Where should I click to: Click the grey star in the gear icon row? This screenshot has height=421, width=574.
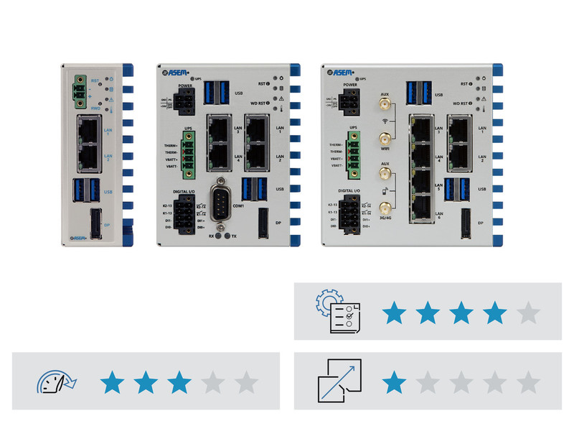click(x=528, y=313)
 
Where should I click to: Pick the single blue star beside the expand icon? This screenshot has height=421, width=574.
click(x=392, y=381)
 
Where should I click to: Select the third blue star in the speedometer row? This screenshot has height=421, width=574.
click(x=179, y=381)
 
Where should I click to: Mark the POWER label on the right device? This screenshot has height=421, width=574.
click(x=351, y=85)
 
